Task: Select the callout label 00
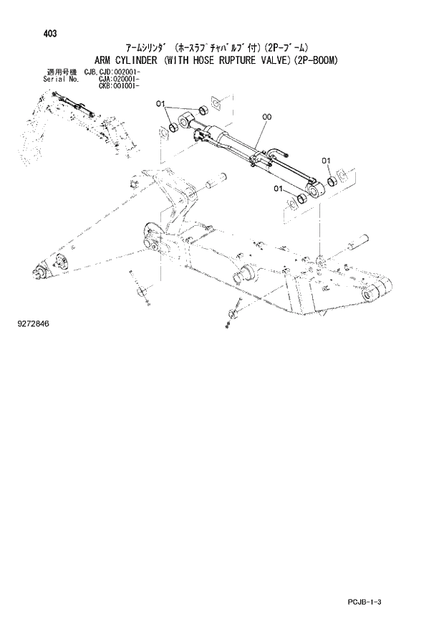[266, 115]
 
